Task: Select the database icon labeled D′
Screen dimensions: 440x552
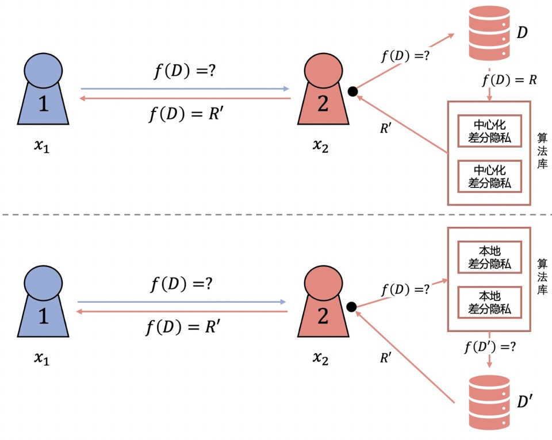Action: [489, 403]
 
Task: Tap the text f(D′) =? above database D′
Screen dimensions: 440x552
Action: [488, 347]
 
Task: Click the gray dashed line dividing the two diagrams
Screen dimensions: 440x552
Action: [276, 215]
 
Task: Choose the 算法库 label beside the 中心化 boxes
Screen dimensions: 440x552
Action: [542, 152]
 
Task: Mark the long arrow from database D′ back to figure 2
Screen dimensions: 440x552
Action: [408, 354]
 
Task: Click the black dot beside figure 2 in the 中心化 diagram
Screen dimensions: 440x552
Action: [353, 91]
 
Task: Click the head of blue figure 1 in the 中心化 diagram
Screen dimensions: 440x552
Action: [43, 72]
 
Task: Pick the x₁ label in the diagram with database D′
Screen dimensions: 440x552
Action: [42, 358]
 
